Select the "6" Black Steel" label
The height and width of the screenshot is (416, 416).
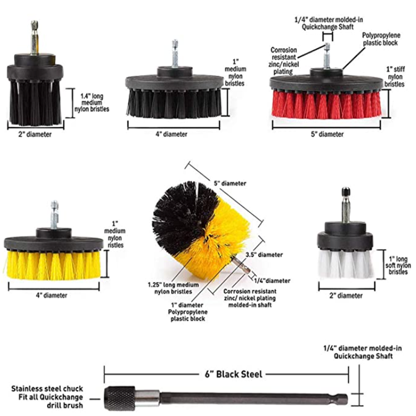(226, 374)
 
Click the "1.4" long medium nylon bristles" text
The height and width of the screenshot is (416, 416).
(95, 102)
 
